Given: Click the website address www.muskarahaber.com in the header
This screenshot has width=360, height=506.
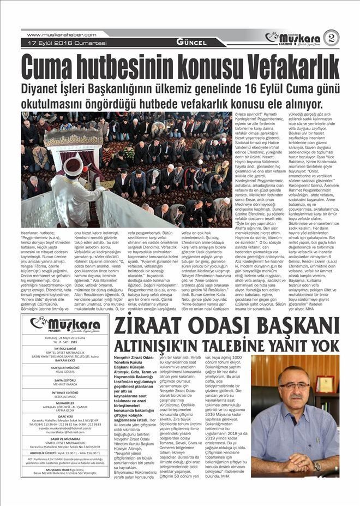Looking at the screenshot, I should tap(61, 34).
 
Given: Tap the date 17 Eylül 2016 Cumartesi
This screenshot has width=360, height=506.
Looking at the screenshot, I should tap(64, 43).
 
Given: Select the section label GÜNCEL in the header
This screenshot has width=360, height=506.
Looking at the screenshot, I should tap(191, 43).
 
